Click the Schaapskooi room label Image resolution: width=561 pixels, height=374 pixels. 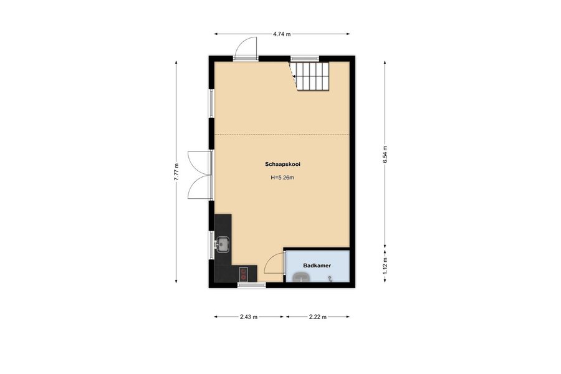click(282, 165)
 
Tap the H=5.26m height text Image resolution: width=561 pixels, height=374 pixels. click(282, 177)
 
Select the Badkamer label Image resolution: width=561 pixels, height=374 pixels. click(317, 266)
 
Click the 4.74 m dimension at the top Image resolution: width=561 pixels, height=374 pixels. click(282, 34)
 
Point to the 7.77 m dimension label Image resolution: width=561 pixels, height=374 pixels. click(176, 172)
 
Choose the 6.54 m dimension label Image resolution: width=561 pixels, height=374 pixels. click(385, 155)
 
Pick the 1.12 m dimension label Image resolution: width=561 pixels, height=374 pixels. click(385, 266)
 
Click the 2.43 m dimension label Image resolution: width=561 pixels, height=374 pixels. click(249, 317)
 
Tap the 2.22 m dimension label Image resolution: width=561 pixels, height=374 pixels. click(318, 317)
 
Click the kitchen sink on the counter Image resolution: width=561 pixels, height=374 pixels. click(223, 244)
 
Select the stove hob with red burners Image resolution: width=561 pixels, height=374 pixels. click(244, 274)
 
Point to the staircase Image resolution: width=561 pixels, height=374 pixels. click(309, 76)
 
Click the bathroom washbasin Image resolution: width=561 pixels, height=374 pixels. click(302, 277)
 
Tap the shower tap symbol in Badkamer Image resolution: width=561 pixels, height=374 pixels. click(330, 278)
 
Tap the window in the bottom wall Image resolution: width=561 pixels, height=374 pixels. click(252, 285)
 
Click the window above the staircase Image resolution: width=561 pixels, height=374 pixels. click(305, 59)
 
